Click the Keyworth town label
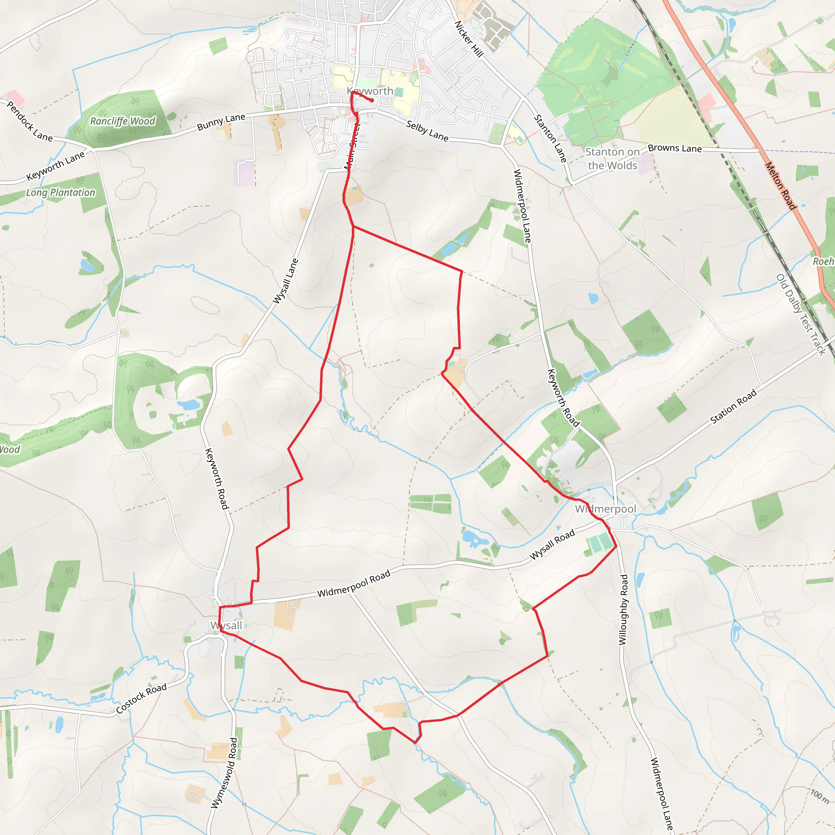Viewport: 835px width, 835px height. click(370, 91)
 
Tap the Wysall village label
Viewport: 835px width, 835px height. click(226, 625)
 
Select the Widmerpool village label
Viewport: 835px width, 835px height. click(605, 509)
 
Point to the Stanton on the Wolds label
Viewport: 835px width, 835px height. click(612, 159)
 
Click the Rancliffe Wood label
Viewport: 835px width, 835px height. click(122, 121)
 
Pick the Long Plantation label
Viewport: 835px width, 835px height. click(60, 192)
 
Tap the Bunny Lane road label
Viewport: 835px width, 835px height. click(221, 122)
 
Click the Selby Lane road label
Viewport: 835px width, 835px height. click(427, 131)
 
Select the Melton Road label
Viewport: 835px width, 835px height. click(780, 186)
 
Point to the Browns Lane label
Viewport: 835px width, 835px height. click(675, 148)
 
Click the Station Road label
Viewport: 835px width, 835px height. click(733, 406)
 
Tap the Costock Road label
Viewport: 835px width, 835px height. click(141, 698)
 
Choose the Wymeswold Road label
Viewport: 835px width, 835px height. click(224, 773)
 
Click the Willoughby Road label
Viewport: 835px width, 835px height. click(623, 610)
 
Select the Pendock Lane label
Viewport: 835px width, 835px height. click(29, 121)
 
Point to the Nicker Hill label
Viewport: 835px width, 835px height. click(468, 38)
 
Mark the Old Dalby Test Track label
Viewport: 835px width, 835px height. click(801, 314)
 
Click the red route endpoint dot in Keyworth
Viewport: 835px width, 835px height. click(372, 101)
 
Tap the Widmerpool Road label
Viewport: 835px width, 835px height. click(353, 583)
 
